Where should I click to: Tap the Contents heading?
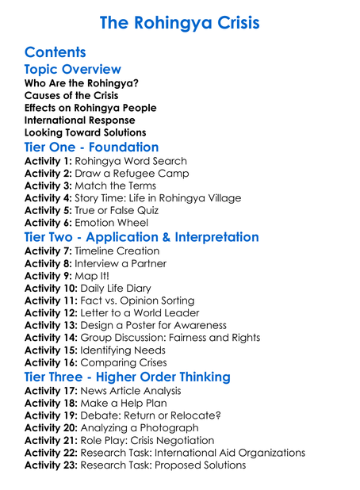(x=56, y=52)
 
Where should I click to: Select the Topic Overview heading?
(x=73, y=70)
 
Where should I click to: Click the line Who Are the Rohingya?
(x=82, y=83)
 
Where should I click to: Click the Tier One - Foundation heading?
(x=91, y=147)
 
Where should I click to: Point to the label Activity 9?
(x=49, y=276)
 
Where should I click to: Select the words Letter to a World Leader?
(x=147, y=313)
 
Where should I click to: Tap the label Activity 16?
(x=52, y=362)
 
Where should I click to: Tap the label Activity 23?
(x=52, y=465)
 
